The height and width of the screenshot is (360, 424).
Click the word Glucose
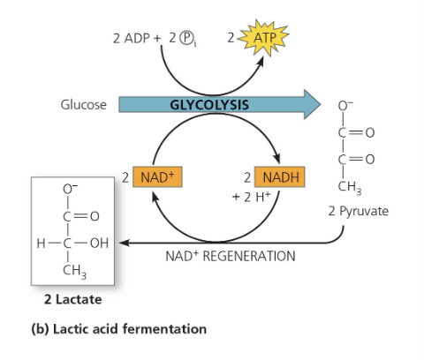[x=83, y=104]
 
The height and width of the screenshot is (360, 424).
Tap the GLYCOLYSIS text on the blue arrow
[x=208, y=104]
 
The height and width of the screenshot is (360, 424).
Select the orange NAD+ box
[x=155, y=177]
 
